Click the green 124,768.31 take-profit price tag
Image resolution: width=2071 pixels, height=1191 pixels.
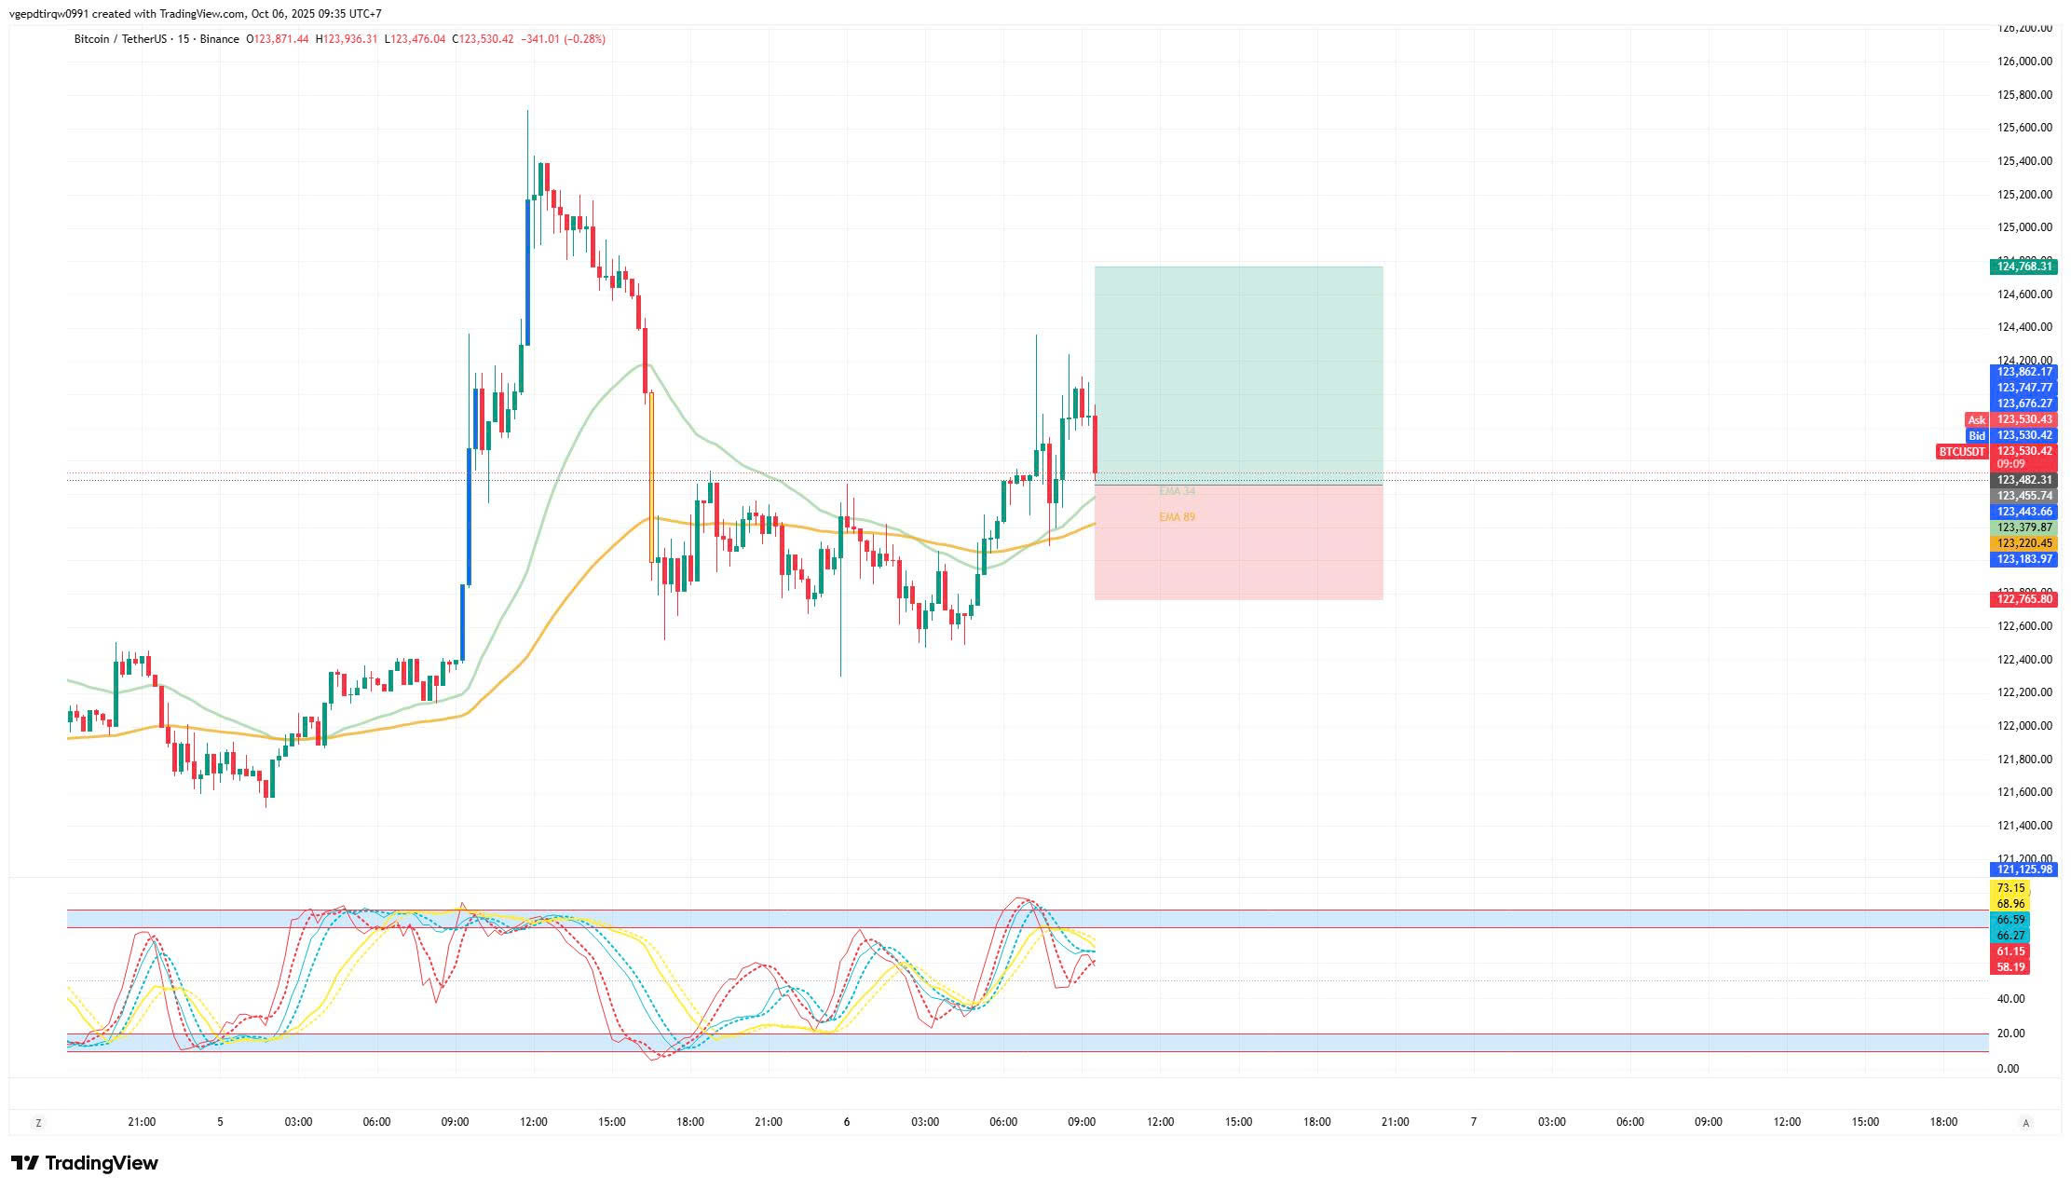coord(2022,267)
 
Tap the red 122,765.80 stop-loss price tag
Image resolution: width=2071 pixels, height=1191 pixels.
coord(2022,599)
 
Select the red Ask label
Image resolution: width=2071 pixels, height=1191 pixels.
coord(1976,420)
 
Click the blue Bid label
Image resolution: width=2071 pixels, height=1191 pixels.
coord(1976,436)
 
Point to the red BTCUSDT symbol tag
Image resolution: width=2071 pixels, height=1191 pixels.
coord(1961,452)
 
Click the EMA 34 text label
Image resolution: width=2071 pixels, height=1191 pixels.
coord(1177,491)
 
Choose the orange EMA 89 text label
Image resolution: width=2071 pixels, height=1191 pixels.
coord(1177,517)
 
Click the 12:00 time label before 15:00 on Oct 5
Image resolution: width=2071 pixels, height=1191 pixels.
coord(534,1122)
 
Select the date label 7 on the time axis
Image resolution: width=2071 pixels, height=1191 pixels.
coord(1473,1122)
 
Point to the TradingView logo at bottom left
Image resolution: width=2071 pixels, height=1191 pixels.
coord(85,1163)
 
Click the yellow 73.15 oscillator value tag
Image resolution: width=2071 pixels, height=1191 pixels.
coord(2010,888)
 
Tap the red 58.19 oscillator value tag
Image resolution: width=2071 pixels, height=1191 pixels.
coord(2010,967)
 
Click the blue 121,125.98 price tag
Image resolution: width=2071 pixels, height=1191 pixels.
coord(2022,869)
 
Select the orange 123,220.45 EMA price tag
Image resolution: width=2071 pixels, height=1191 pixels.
coord(2022,543)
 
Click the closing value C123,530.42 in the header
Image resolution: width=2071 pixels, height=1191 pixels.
coord(483,39)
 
